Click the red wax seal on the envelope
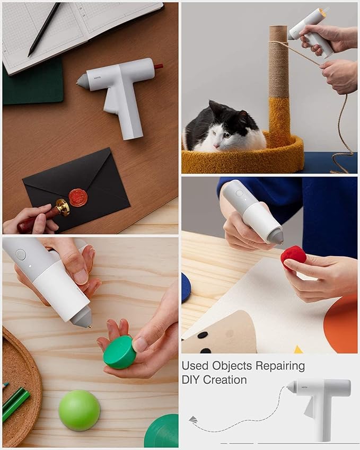click(78, 198)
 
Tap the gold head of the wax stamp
click(63, 207)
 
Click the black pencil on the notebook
click(44, 30)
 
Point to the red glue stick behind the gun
click(158, 67)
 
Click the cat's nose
click(215, 146)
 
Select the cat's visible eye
click(226, 135)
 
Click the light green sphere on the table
click(79, 410)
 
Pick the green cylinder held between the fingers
click(120, 352)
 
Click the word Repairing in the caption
click(280, 366)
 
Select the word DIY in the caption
click(192, 380)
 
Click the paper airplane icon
click(193, 420)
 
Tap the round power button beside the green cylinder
click(21, 254)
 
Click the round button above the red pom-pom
click(239, 193)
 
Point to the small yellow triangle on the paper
click(298, 349)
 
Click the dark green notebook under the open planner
click(33, 83)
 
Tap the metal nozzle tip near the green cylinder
click(89, 326)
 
